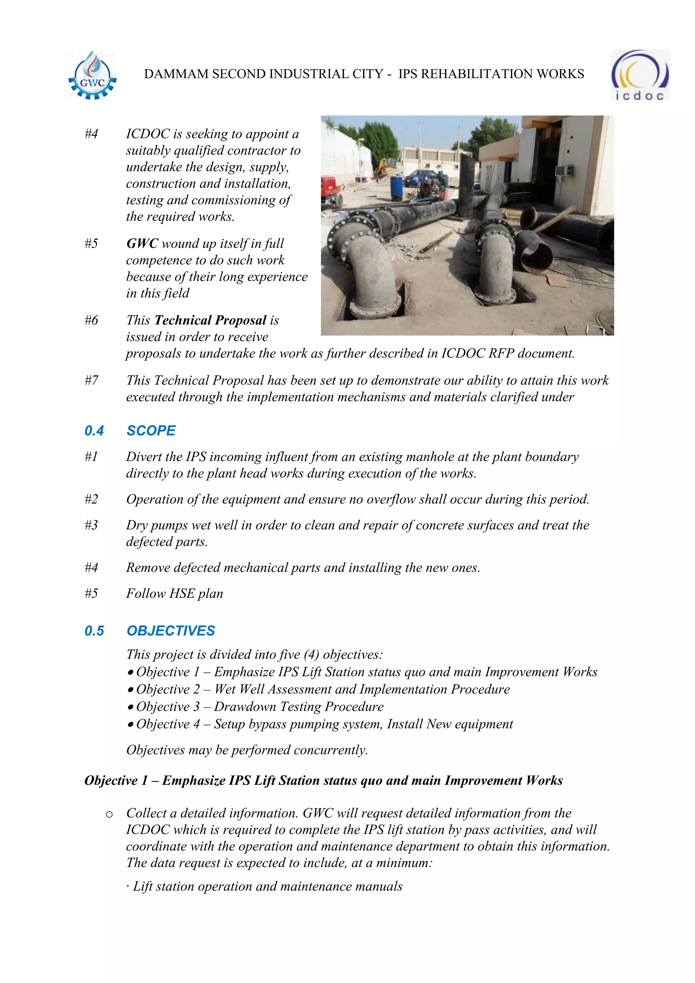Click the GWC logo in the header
[92, 76]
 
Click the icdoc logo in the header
[639, 76]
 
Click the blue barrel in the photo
[397, 188]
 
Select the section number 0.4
[94, 431]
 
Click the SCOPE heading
[151, 431]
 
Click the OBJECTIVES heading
[171, 631]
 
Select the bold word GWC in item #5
[142, 244]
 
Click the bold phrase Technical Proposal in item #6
[210, 320]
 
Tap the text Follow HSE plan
[175, 593]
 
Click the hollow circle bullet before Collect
[109, 814]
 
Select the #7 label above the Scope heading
[91, 380]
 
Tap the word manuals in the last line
[384, 886]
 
